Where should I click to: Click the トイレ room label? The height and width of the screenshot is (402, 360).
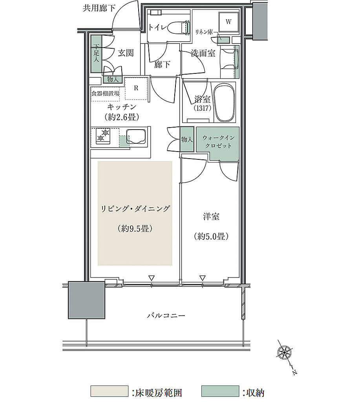(x=158, y=27)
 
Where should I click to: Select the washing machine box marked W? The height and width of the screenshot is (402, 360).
(x=228, y=22)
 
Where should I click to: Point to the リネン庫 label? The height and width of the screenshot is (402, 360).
(x=204, y=32)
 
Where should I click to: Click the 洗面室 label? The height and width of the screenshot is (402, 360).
(x=203, y=53)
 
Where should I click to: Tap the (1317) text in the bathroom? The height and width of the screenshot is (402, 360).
(x=203, y=108)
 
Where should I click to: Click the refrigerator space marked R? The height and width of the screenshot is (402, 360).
(x=136, y=88)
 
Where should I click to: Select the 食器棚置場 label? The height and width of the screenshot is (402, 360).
(x=105, y=93)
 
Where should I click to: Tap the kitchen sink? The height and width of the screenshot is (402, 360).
(x=137, y=137)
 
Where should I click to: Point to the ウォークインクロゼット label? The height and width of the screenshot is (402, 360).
(x=218, y=142)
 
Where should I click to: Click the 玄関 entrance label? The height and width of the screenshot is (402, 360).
(x=126, y=53)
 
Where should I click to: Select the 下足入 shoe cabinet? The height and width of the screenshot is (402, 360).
(x=97, y=53)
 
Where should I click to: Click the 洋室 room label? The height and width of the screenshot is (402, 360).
(x=211, y=217)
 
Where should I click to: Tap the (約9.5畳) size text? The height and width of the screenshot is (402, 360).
(x=135, y=228)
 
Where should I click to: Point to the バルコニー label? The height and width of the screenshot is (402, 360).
(x=166, y=315)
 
